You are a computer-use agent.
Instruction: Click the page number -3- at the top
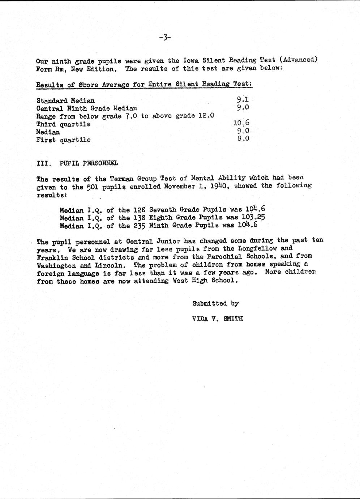[x=164, y=37]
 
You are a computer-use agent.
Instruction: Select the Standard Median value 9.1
[x=243, y=99]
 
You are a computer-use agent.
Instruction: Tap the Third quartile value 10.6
[x=241, y=123]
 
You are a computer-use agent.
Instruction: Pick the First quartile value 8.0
[x=243, y=138]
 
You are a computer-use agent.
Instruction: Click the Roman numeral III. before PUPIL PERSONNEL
[x=44, y=163]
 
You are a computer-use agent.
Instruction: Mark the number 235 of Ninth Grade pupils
[x=139, y=226]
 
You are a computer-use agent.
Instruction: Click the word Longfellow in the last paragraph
[x=257, y=248]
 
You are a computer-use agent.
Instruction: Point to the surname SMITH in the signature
[x=233, y=319]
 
